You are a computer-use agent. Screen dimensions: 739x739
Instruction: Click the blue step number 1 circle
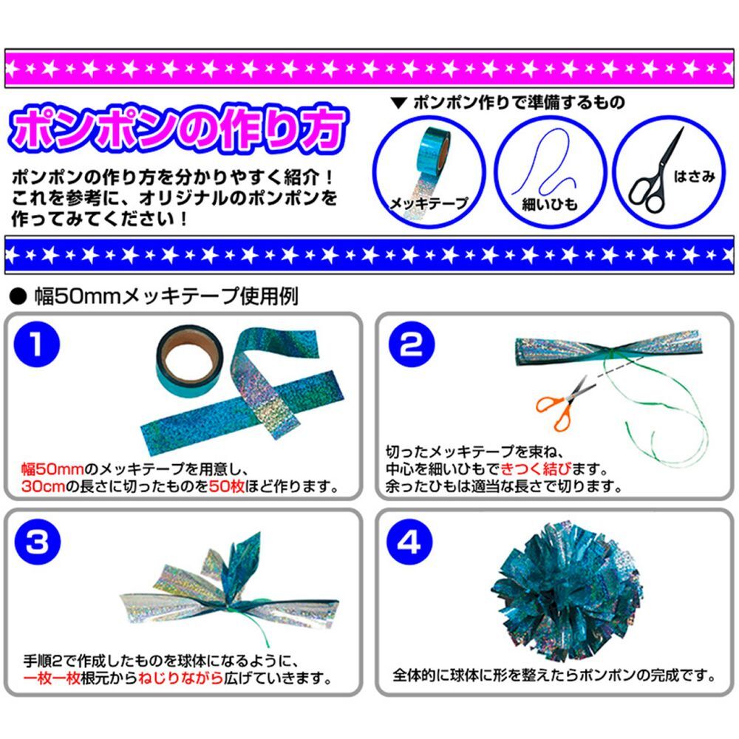pyautogui.click(x=37, y=344)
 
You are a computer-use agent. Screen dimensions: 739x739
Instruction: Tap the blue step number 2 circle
pyautogui.click(x=412, y=344)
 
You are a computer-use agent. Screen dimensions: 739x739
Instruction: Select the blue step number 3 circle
pyautogui.click(x=38, y=542)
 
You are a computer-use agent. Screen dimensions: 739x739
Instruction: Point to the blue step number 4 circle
pyautogui.click(x=409, y=542)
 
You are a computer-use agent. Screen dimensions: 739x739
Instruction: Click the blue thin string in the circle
pyautogui.click(x=545, y=163)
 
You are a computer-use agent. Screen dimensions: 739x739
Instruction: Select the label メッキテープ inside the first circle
pyautogui.click(x=429, y=204)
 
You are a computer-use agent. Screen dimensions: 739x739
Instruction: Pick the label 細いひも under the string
pyautogui.click(x=550, y=205)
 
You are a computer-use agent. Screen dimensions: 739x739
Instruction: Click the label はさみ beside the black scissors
pyautogui.click(x=694, y=177)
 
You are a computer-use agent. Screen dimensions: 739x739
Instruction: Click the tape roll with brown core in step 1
pyautogui.click(x=189, y=361)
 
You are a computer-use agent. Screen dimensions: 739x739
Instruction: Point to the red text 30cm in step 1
pyautogui.click(x=44, y=486)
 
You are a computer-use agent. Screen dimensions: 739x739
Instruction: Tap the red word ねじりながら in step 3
pyautogui.click(x=180, y=678)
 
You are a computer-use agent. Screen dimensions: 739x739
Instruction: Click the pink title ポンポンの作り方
pyautogui.click(x=179, y=129)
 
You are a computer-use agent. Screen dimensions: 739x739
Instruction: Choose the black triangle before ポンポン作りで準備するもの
pyautogui.click(x=399, y=103)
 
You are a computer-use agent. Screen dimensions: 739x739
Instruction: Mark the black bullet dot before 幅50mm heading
pyautogui.click(x=18, y=297)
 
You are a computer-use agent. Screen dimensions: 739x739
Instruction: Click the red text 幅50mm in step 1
pyautogui.click(x=52, y=469)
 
